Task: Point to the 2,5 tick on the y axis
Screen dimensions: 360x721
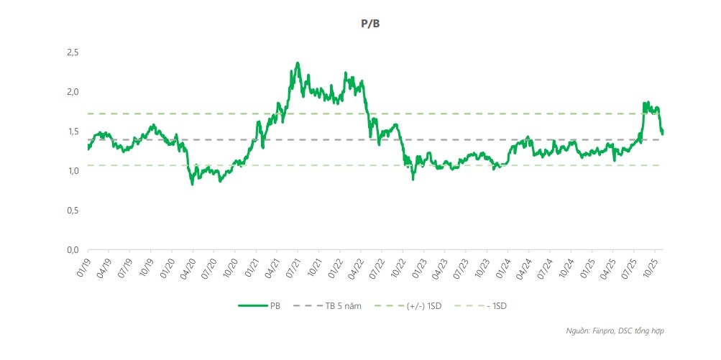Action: [72, 52]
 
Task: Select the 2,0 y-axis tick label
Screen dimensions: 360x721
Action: [72, 92]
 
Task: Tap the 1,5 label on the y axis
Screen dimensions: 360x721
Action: [72, 131]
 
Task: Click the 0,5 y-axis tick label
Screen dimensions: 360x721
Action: [72, 211]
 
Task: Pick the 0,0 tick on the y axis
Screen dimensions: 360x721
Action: [72, 250]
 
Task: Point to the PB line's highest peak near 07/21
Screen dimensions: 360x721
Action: [298, 63]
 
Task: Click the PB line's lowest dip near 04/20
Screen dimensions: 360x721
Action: [192, 184]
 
